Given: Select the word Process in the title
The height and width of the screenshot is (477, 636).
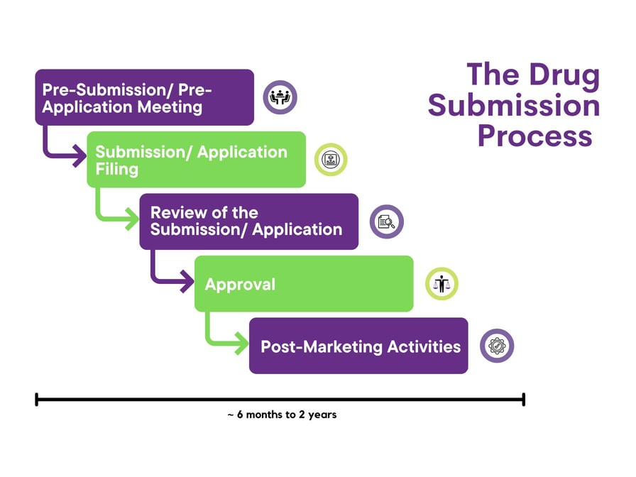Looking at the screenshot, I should (534, 135).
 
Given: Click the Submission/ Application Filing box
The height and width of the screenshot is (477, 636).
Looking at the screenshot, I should (196, 160).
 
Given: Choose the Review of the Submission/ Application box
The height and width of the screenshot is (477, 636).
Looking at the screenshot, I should (248, 221).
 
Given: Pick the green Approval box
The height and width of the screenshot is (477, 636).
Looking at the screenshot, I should (304, 284).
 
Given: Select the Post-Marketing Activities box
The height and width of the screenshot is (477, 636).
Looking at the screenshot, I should (358, 346).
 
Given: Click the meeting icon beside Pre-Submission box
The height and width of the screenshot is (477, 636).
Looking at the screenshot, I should (280, 97).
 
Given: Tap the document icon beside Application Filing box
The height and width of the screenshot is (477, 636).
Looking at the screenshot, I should (331, 160).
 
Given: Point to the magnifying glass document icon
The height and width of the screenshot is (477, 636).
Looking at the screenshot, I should (387, 221).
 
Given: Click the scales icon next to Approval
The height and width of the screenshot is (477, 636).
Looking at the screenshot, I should (442, 284).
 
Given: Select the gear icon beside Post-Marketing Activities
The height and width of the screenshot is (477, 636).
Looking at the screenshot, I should (497, 346).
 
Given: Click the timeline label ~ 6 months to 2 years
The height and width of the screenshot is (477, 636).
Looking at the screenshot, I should (281, 415).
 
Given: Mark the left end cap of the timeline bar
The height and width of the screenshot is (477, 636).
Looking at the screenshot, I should (36, 400).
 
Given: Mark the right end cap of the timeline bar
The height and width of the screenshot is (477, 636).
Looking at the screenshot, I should (523, 400).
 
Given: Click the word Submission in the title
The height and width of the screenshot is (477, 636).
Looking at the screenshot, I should (513, 106).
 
